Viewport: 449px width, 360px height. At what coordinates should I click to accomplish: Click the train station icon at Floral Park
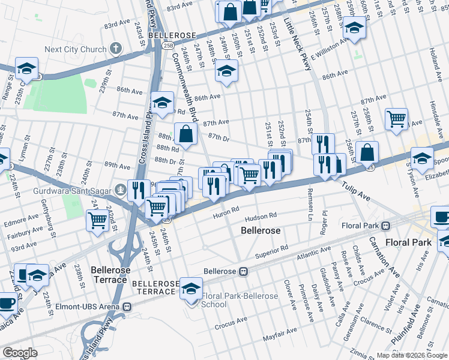pyautogui.click(x=385, y=226)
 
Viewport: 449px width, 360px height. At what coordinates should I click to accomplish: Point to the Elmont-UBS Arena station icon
pyautogui.click(x=127, y=307)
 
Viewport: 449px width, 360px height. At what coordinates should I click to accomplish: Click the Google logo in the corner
pyautogui.click(x=20, y=353)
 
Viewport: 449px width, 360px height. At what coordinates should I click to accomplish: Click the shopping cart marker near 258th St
pyautogui.click(x=396, y=119)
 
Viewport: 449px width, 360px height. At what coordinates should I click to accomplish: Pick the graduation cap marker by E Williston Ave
pyautogui.click(x=354, y=28)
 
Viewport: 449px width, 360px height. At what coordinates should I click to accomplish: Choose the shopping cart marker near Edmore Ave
pyautogui.click(x=97, y=220)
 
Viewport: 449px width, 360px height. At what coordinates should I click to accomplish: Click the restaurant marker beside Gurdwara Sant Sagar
pyautogui.click(x=139, y=190)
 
